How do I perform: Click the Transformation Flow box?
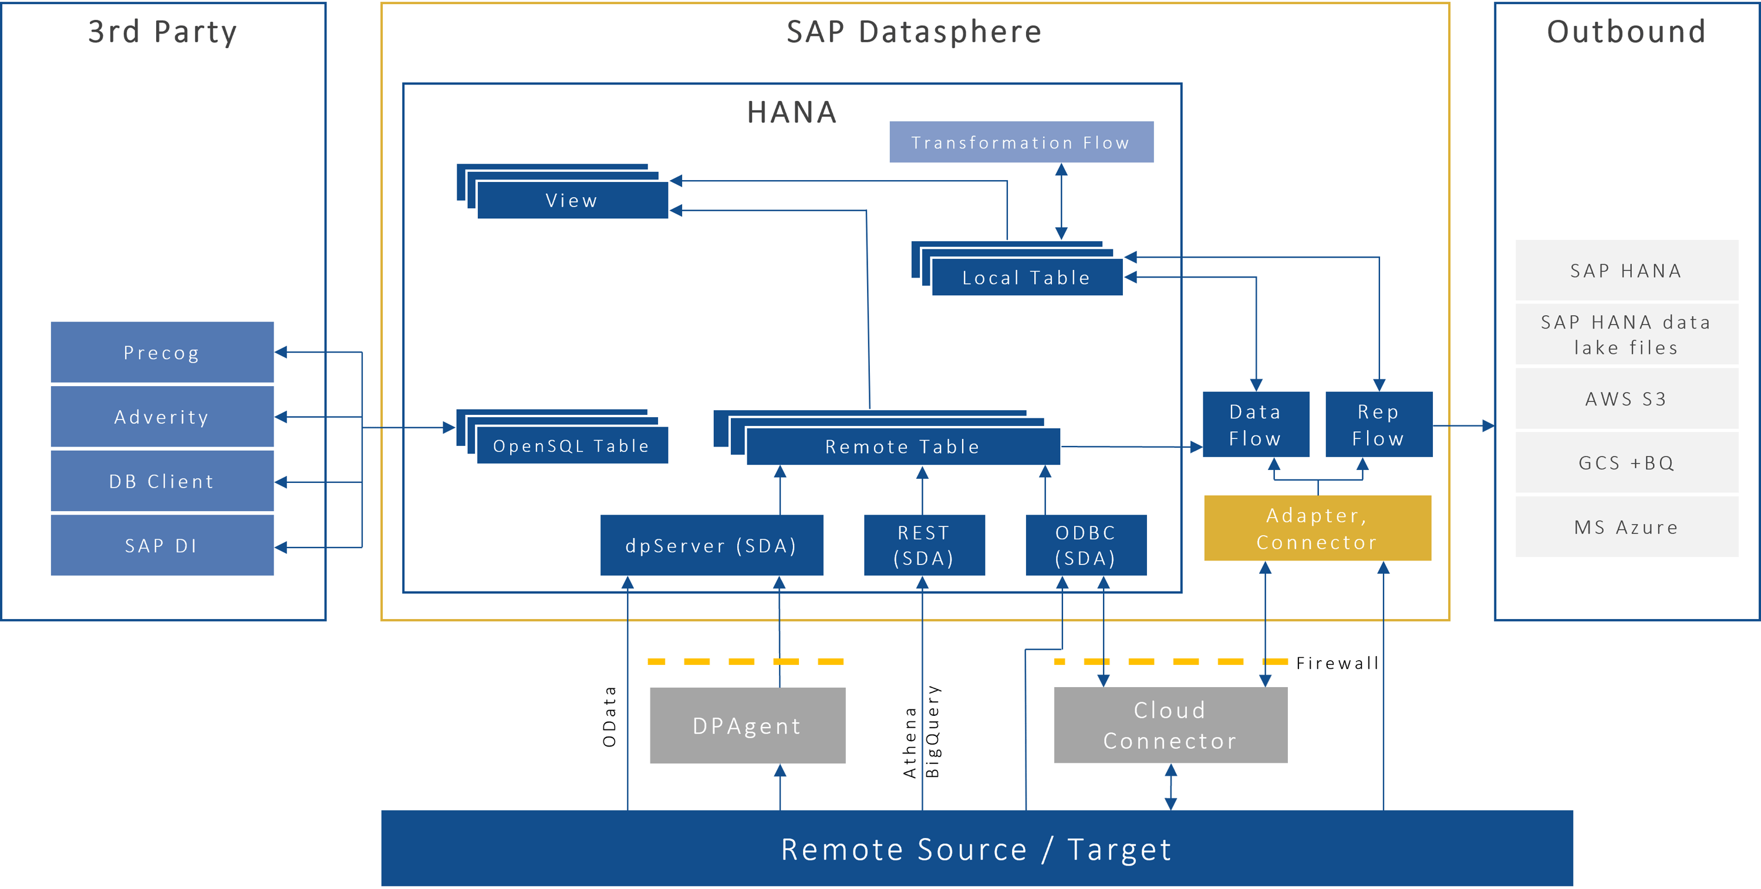pos(1021,142)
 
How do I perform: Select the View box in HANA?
pos(572,200)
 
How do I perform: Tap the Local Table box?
pos(1026,278)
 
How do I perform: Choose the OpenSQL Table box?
pos(572,445)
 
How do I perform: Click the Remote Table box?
pos(902,446)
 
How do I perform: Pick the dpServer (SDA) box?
pos(711,545)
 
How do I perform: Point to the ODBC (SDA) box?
pos(1085,545)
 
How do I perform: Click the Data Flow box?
pos(1255,424)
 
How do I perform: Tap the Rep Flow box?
pos(1378,424)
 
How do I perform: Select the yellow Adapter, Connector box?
pos(1317,528)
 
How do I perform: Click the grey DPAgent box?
pos(747,726)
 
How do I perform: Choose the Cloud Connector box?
pos(1170,725)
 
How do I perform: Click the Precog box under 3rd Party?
pos(162,353)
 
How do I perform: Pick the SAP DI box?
pos(162,545)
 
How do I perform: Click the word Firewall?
pos(1337,663)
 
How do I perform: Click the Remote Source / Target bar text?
pos(976,849)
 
